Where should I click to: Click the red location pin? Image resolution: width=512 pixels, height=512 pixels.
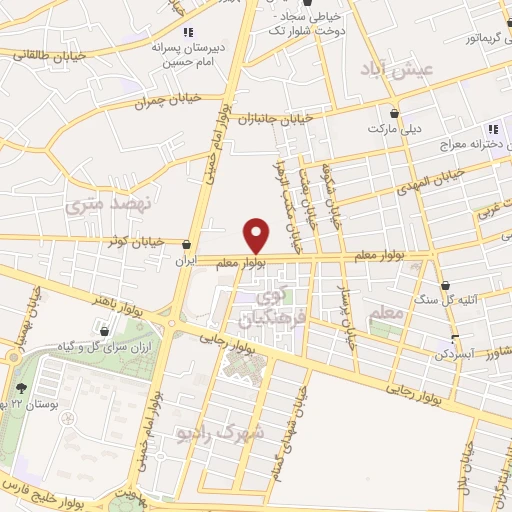(x=257, y=235)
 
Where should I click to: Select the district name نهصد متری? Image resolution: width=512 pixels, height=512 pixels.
(x=105, y=207)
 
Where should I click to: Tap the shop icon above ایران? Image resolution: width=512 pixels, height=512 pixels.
(x=186, y=243)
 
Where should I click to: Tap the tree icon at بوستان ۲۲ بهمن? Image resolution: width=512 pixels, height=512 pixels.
(x=22, y=388)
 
